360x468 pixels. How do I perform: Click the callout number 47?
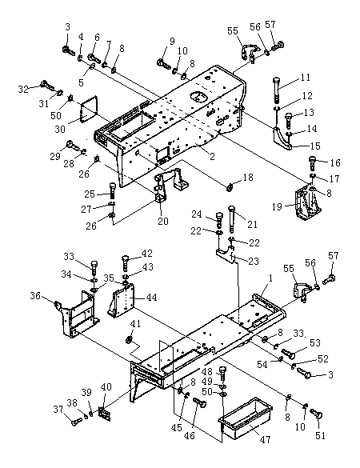tap(265, 439)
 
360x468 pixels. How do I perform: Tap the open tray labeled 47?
tap(246, 415)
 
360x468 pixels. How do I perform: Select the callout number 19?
tap(277, 206)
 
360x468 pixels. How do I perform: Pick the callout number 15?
tap(315, 146)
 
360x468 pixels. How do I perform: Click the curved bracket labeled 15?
tap(282, 138)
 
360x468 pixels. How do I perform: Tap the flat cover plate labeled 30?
tap(89, 109)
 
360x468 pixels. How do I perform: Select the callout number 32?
tap(23, 89)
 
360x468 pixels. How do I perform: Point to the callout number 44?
tap(152, 298)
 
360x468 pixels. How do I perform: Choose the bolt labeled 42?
tap(126, 262)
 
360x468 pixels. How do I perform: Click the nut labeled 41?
tap(129, 339)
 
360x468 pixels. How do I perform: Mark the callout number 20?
tap(163, 221)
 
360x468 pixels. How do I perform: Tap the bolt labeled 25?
tap(113, 190)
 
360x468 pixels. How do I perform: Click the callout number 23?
tap(254, 261)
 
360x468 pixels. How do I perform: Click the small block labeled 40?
tap(105, 414)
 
